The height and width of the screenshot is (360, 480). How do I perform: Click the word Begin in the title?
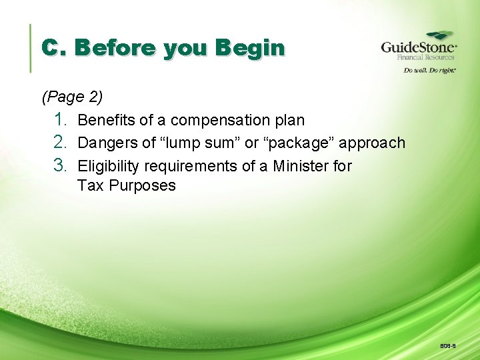(251, 49)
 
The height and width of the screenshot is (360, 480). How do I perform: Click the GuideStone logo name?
(418, 48)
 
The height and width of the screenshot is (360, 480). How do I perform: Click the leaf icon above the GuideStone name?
(439, 35)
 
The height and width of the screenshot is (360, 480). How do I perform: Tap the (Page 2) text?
(72, 97)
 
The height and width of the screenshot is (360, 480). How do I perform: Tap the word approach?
(372, 143)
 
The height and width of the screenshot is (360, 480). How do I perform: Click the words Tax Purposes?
(127, 186)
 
